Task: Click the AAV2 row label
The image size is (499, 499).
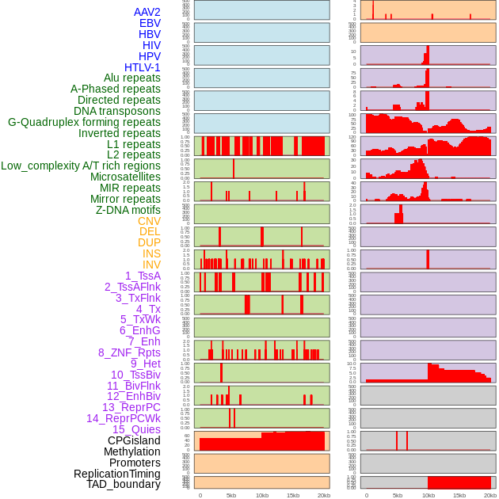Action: (147, 12)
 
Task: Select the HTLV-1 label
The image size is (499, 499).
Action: (142, 67)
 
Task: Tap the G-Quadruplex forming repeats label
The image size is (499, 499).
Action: (84, 122)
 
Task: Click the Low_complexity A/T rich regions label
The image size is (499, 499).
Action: (81, 166)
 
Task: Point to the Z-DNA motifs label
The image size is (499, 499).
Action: (128, 210)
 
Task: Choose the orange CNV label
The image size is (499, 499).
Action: (149, 221)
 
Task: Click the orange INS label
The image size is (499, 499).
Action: (151, 253)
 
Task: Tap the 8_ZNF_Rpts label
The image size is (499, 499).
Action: (129, 352)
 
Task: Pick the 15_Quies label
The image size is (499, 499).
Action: (136, 429)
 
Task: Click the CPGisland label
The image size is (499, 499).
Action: (134, 440)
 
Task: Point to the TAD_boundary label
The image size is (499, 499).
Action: (124, 484)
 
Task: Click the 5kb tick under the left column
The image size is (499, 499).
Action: (231, 495)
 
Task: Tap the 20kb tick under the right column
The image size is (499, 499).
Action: (490, 495)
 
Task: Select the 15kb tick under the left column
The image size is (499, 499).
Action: (293, 495)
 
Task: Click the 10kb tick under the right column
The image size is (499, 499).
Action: (429, 495)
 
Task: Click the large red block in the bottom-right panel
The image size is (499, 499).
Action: (459, 482)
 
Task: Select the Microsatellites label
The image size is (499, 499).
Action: (125, 177)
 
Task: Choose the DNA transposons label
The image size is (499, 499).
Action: (117, 111)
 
